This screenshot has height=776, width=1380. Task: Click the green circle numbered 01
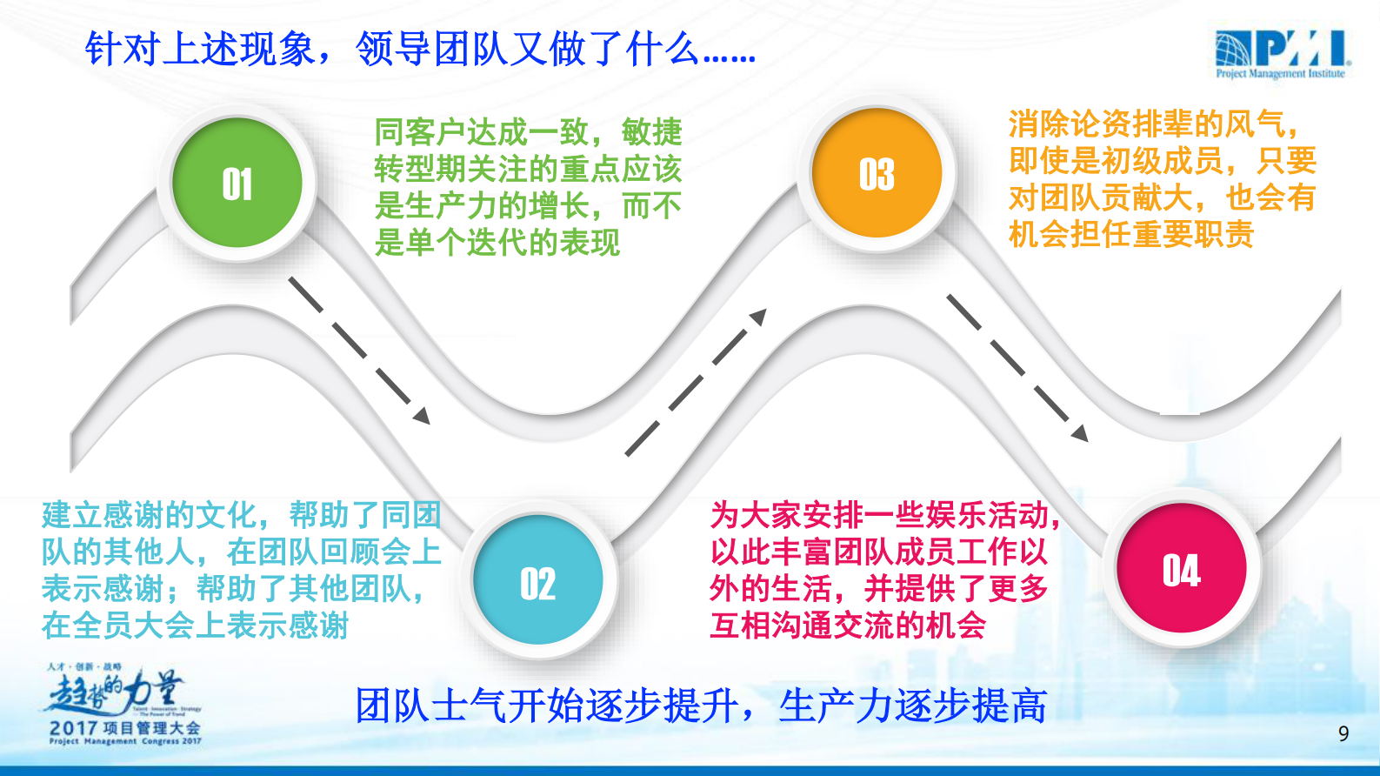(x=237, y=184)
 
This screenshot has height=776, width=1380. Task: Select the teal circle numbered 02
(x=537, y=580)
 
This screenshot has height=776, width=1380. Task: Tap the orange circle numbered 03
(x=876, y=173)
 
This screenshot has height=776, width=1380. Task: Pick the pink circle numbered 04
(x=1181, y=569)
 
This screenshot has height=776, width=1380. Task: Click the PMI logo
(x=1282, y=54)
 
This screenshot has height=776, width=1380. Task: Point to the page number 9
(x=1343, y=733)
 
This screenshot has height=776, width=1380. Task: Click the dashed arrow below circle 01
(x=359, y=350)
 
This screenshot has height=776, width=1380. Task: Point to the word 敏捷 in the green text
(x=651, y=132)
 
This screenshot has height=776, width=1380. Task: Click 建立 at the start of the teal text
(x=71, y=515)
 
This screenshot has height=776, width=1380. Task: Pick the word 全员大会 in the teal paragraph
(x=133, y=625)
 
